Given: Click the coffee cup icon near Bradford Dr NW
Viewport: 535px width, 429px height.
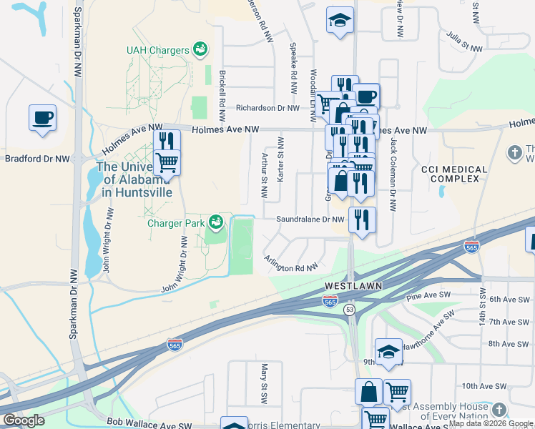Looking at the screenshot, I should (x=42, y=117).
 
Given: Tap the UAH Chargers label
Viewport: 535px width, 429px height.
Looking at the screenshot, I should (x=157, y=50).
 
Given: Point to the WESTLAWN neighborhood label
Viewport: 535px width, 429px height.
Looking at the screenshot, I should (x=353, y=285).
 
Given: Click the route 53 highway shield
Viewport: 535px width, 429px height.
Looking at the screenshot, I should (x=349, y=309).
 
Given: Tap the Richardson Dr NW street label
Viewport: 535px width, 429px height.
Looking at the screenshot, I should (x=267, y=108).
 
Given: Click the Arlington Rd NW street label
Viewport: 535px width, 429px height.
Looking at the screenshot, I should (x=290, y=264).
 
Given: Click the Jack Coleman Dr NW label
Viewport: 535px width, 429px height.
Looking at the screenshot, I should (x=393, y=175).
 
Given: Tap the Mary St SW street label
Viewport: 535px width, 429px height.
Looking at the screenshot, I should (x=263, y=383).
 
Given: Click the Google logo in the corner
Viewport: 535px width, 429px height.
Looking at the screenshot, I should (x=24, y=420).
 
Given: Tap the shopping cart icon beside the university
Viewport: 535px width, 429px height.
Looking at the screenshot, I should (x=167, y=162).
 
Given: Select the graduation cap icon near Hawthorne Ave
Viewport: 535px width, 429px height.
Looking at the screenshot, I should (x=388, y=351).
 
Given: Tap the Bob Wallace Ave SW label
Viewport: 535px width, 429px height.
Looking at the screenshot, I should (x=149, y=424).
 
